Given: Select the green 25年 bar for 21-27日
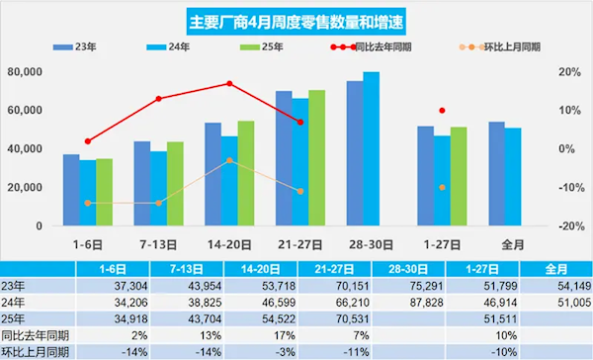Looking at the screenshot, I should tap(316, 158).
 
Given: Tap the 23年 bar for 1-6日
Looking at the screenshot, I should tap(71, 190).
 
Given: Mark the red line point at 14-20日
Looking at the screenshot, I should tap(229, 83).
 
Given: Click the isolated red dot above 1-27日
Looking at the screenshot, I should tap(442, 110).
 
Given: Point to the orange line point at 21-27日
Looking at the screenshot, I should tap(300, 191).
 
